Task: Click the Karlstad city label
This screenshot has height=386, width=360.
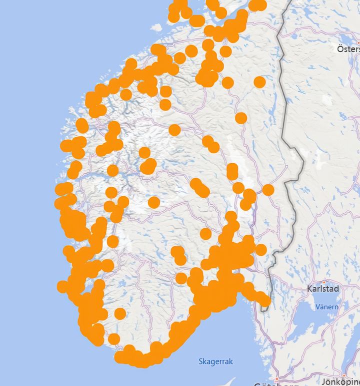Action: [323, 289]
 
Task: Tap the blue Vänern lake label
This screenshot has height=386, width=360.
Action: [327, 306]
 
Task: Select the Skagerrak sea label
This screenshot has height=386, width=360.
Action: [216, 361]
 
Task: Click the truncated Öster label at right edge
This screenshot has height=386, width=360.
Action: [348, 49]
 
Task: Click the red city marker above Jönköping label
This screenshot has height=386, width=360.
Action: [344, 374]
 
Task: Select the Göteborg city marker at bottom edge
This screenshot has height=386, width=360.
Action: [276, 379]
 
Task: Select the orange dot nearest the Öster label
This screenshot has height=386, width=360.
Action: [259, 82]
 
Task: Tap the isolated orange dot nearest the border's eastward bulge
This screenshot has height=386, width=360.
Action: [268, 190]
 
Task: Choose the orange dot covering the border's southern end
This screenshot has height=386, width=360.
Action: [263, 300]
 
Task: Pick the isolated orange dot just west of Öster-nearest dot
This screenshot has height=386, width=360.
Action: [227, 83]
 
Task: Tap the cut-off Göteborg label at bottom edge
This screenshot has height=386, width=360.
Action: [265, 384]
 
